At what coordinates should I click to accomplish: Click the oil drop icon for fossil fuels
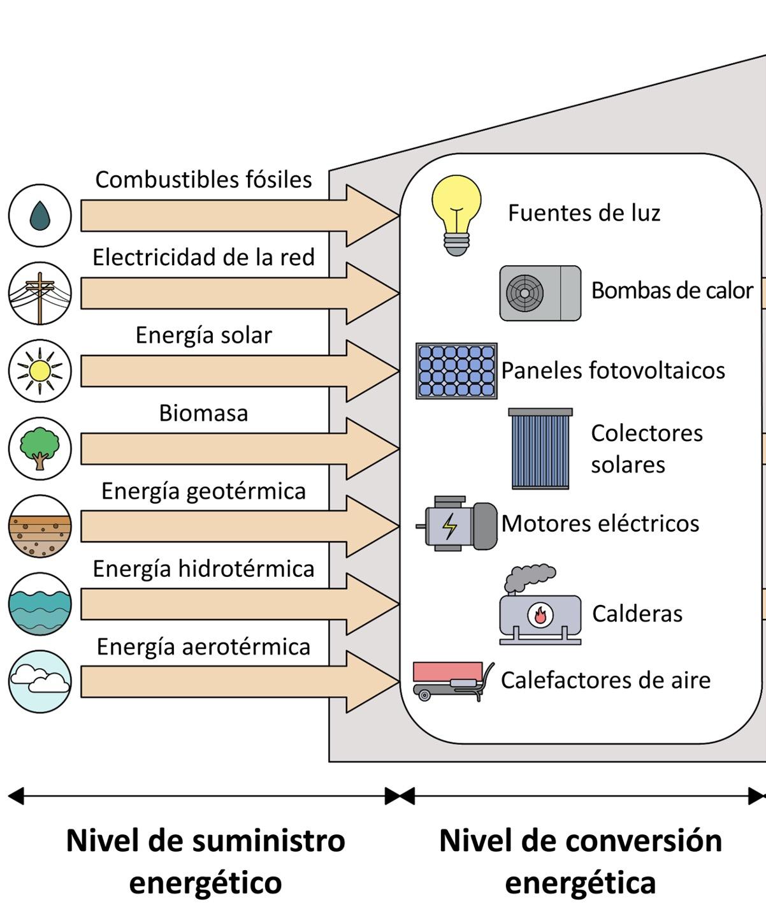pyautogui.click(x=40, y=215)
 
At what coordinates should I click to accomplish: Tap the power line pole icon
pyautogui.click(x=40, y=293)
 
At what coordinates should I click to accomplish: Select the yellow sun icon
pyautogui.click(x=40, y=370)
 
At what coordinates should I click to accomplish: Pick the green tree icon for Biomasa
pyautogui.click(x=40, y=448)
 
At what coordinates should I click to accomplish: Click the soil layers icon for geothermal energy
pyautogui.click(x=40, y=527)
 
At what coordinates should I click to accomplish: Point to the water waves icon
pyautogui.click(x=40, y=604)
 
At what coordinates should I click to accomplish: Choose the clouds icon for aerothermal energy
pyautogui.click(x=40, y=681)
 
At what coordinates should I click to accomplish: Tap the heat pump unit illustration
pyautogui.click(x=540, y=293)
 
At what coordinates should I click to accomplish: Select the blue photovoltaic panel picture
pyautogui.click(x=456, y=371)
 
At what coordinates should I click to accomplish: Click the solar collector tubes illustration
pyautogui.click(x=540, y=449)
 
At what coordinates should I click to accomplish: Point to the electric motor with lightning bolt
pyautogui.click(x=456, y=524)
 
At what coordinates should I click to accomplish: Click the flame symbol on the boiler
pyautogui.click(x=540, y=615)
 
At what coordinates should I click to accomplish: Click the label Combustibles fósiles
pyautogui.click(x=203, y=180)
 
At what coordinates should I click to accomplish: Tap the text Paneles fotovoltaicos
pyautogui.click(x=612, y=370)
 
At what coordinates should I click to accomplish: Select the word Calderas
pyautogui.click(x=637, y=613)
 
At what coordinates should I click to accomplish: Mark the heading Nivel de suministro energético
pyautogui.click(x=205, y=861)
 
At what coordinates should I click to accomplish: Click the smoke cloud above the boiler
pyautogui.click(x=529, y=577)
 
